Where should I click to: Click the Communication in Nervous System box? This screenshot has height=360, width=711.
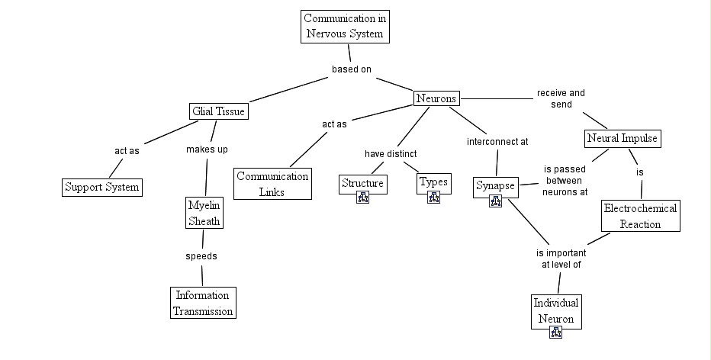click(345, 27)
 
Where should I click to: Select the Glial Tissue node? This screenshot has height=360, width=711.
click(218, 111)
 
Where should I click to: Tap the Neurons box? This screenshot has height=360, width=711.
click(436, 98)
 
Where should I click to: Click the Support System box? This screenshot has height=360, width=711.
click(102, 188)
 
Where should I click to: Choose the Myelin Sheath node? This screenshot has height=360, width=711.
click(204, 213)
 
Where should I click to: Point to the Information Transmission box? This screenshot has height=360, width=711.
click(203, 303)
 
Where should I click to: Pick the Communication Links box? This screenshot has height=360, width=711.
click(272, 184)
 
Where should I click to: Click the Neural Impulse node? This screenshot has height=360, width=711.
click(623, 138)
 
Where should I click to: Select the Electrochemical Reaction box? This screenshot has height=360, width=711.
click(640, 216)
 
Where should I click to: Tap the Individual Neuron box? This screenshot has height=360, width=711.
click(556, 311)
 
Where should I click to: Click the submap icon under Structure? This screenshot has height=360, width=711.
click(363, 198)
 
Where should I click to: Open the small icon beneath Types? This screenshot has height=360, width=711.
click(433, 198)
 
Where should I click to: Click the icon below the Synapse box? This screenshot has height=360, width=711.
click(496, 201)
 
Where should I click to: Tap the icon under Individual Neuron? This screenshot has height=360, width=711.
click(556, 333)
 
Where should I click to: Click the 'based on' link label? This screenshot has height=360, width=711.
click(352, 69)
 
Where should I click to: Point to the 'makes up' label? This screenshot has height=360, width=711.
click(207, 149)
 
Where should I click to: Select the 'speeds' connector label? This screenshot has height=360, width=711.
click(201, 256)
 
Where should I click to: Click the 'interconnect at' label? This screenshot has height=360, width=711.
click(497, 142)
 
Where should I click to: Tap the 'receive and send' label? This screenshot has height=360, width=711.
click(561, 99)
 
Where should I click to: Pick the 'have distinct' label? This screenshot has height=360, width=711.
click(391, 154)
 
